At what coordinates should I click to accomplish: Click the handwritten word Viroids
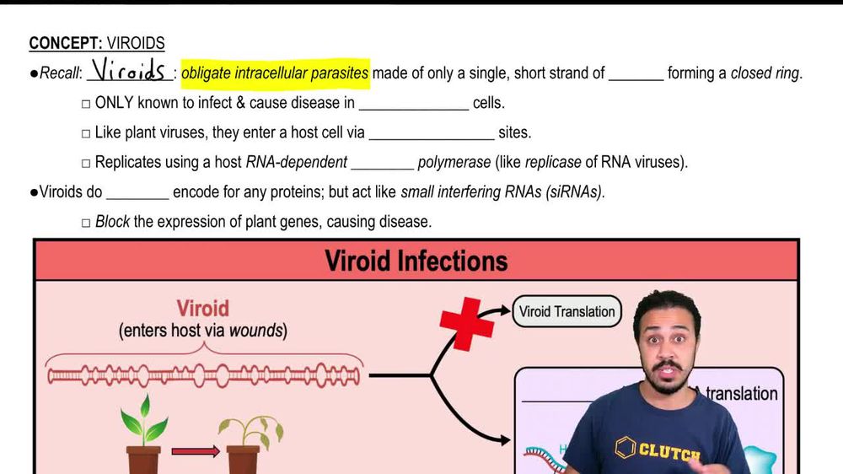point(128,70)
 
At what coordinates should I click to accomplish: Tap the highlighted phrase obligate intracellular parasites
point(275,73)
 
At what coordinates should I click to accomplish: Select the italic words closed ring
point(765,73)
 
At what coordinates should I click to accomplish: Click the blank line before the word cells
point(413,109)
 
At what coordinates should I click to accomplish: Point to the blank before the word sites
point(431,139)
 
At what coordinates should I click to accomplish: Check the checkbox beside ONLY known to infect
point(86,104)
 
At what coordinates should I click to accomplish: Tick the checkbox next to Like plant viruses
point(86,133)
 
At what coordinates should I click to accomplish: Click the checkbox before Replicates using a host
point(86,163)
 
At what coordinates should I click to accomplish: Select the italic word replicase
point(553,162)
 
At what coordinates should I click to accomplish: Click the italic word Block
point(112,221)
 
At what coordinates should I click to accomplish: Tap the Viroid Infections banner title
point(416,261)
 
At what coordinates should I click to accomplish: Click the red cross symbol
point(466,324)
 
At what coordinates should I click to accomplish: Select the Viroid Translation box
point(566,311)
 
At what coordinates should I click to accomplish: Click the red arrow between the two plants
point(196,451)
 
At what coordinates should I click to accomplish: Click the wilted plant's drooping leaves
point(250,430)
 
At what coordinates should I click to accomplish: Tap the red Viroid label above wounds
point(202,309)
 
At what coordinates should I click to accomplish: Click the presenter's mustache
point(666,368)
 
